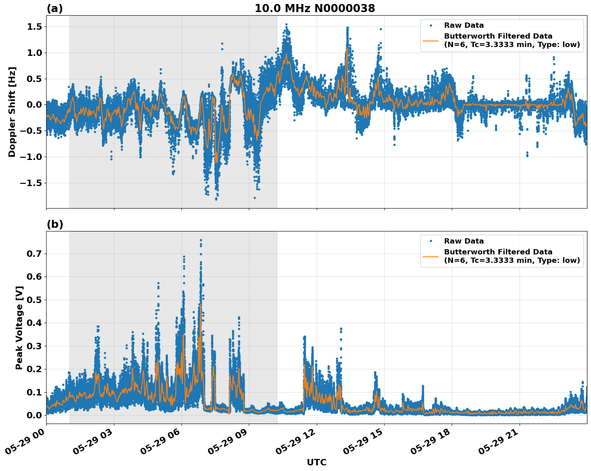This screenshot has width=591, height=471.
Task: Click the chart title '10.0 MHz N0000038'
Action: pos(314,8)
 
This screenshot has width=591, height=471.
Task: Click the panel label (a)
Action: pos(55,8)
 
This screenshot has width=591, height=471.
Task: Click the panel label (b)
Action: pos(55,224)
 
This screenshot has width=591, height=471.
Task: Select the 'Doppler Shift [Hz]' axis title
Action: pos(12,112)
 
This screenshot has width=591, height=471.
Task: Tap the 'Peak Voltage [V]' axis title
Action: pos(19,328)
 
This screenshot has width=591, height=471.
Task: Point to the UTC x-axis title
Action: pos(316,462)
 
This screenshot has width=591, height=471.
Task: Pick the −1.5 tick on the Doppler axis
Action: pos(31,183)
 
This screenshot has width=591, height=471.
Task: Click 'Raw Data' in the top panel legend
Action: pos(464,25)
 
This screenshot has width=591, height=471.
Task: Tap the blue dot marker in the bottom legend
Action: pos(431,241)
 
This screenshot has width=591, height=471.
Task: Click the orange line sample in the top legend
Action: pos(431,40)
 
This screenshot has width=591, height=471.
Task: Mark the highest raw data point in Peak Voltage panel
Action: pos(201,240)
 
